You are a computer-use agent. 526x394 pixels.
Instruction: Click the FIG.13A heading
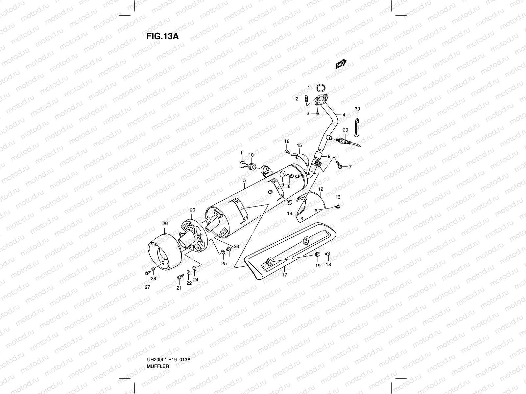coord(162,36)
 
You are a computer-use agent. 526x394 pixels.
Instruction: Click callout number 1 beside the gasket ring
coord(309,88)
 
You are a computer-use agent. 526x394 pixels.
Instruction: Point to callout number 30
coord(357,109)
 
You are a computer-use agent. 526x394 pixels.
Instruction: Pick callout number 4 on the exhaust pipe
coord(344,115)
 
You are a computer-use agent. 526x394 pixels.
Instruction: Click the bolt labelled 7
coord(340,167)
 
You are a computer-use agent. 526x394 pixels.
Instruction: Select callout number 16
coord(287,142)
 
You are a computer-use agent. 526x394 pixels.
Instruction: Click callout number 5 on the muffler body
coord(244,180)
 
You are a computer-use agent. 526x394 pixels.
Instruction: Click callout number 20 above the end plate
coord(192,210)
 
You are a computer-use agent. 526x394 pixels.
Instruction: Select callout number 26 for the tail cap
coord(165,224)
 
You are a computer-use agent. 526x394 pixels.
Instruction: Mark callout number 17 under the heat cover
coord(285,275)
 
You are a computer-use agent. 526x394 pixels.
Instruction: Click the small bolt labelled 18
coord(328,254)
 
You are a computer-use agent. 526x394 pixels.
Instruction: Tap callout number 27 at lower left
coord(147,287)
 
